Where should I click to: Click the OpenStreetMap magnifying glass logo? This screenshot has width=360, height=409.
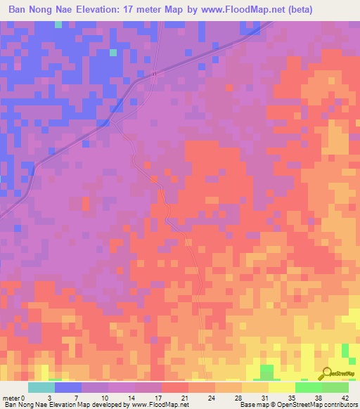[326, 374]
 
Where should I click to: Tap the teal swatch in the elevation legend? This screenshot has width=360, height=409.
[41, 387]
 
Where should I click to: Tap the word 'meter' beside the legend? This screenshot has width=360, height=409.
[12, 398]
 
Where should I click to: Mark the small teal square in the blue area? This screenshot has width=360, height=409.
[113, 52]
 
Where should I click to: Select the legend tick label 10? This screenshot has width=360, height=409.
[104, 398]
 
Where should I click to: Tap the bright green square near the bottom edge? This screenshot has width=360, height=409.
[266, 370]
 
